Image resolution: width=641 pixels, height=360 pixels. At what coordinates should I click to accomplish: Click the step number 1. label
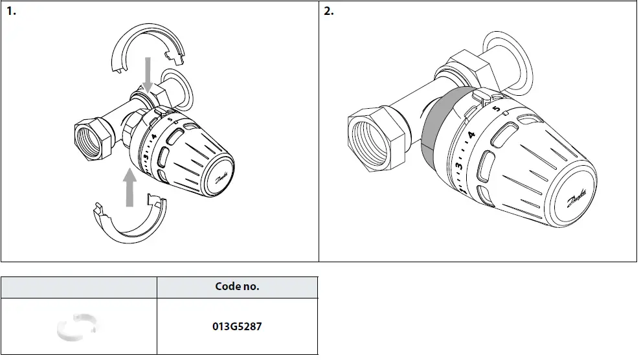click(11, 12)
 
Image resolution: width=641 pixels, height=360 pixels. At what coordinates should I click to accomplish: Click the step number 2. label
click(329, 12)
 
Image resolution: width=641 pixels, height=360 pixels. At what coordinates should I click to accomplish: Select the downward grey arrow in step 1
click(148, 73)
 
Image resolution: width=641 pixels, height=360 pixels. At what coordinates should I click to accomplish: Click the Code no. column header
click(237, 287)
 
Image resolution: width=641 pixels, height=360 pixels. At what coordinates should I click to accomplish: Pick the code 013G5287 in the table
click(237, 326)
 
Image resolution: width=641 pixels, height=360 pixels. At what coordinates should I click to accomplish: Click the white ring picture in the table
click(77, 326)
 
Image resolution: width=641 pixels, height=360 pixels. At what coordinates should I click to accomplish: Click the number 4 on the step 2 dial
click(472, 136)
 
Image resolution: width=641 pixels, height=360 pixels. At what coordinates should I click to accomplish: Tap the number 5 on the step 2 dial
click(496, 109)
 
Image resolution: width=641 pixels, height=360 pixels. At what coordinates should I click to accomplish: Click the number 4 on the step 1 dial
click(153, 138)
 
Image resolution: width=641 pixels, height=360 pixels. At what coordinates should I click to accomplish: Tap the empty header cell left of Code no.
click(78, 287)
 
